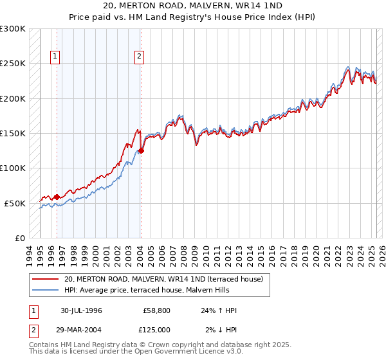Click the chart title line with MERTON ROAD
193,6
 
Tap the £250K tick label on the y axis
13,64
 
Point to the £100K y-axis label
13,168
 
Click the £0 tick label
19,238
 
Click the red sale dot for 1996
57,197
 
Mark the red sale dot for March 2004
141,151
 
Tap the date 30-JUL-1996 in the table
81,310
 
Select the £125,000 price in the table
157,329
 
